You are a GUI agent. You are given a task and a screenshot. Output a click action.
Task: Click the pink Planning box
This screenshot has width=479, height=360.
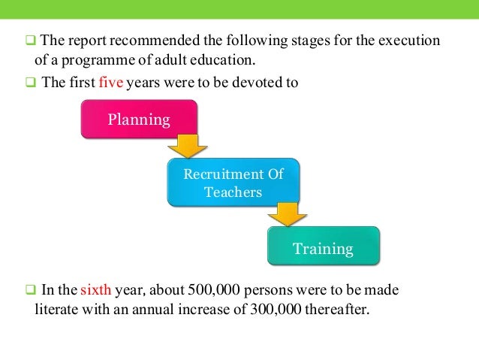(139, 119)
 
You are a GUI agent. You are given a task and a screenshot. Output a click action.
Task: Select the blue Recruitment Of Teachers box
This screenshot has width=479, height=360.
(233, 183)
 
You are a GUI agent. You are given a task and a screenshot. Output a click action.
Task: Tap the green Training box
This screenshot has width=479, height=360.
(323, 247)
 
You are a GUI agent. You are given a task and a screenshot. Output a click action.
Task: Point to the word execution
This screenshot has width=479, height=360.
(412, 40)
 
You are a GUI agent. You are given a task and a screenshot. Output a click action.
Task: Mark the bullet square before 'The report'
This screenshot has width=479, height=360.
(31, 40)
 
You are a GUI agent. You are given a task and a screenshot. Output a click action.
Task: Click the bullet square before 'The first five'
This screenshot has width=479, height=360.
(31, 83)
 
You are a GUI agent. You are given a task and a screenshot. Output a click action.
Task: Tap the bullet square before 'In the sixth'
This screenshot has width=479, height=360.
(31, 289)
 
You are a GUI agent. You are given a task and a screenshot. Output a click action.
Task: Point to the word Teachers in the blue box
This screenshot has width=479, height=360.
(233, 192)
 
